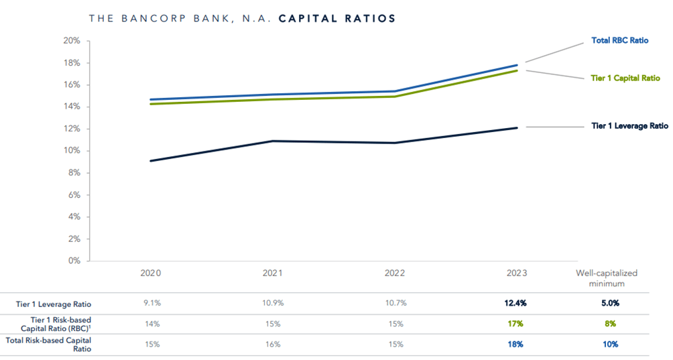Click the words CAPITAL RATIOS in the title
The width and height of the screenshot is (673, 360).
pos(336,18)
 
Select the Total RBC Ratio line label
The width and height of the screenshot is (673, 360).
pos(620,41)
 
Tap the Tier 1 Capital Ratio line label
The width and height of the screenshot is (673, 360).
pos(625,78)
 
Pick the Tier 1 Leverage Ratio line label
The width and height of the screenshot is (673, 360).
pos(629,126)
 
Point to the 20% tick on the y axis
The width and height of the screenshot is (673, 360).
pos(72,41)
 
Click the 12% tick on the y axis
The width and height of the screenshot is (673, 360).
pos(72,129)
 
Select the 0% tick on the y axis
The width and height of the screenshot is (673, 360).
pos(74,261)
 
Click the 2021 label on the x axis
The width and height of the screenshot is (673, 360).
pos(272,274)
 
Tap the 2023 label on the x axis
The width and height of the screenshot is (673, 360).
pos(516,274)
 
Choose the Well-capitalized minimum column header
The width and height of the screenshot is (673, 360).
pos(606,278)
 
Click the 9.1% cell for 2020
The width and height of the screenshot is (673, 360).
pos(151,303)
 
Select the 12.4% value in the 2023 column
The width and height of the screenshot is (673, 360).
pos(515,303)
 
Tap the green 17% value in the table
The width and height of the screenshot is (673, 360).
pos(515,324)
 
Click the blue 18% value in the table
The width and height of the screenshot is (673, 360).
pos(515,345)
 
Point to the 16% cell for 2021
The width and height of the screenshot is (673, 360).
pos(272,345)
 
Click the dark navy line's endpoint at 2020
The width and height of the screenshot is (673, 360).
pos(151,161)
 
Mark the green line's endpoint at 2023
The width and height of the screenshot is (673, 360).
pos(517,70)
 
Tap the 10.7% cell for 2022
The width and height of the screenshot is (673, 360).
pos(395,303)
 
